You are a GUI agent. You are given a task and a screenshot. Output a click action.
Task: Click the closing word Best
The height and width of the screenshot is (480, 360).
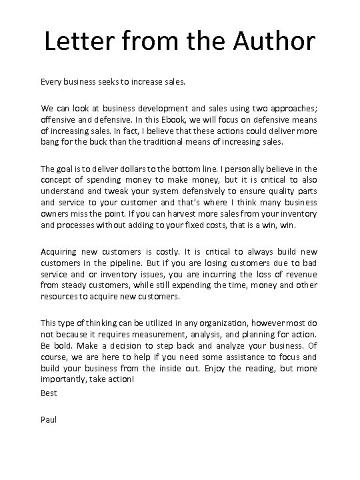(49, 393)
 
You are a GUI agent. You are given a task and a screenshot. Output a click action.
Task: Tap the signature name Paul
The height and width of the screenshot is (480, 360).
(49, 419)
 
